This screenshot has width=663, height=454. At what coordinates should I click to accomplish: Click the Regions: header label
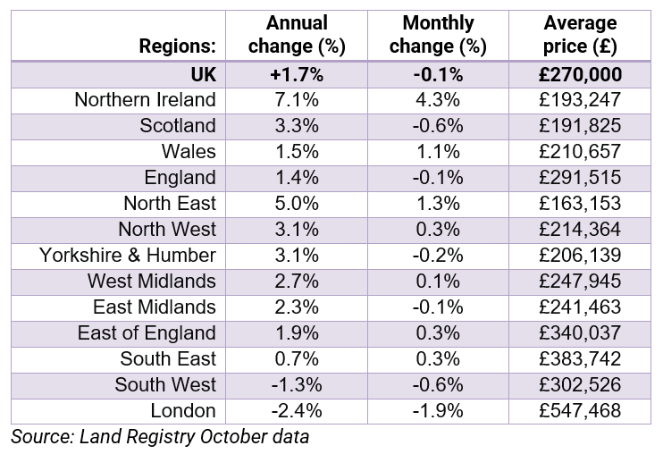pos(177,46)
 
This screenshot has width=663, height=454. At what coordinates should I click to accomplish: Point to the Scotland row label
pos(178,125)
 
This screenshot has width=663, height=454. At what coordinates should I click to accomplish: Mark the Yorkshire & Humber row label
pos(128,256)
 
